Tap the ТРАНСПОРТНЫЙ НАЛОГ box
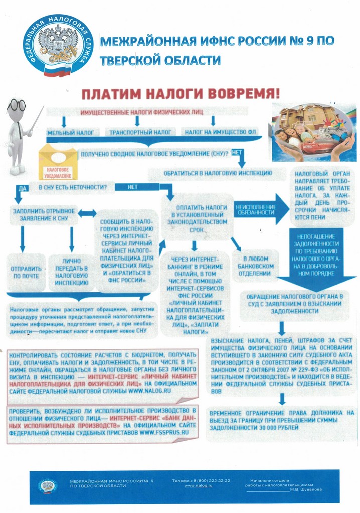[138, 132]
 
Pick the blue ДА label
[22, 188]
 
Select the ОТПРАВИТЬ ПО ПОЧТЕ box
[26, 272]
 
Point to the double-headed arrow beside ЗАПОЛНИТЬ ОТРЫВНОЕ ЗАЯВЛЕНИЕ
[87, 213]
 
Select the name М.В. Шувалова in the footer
[306, 489]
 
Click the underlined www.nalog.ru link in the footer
[197, 485]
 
